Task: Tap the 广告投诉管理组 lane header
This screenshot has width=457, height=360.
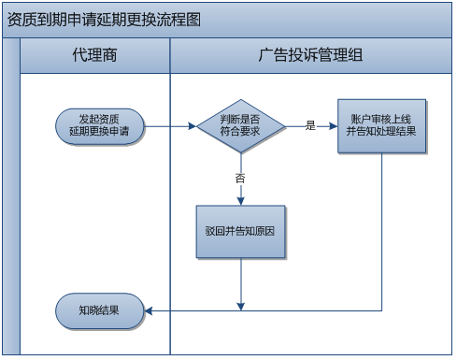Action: (x=310, y=56)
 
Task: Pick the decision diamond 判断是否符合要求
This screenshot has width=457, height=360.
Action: (x=241, y=126)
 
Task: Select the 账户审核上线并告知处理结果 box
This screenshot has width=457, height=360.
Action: (x=381, y=125)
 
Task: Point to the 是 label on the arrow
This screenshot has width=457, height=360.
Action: (x=310, y=125)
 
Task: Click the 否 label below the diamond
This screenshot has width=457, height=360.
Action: (x=241, y=178)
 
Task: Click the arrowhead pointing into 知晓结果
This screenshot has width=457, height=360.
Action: (x=148, y=310)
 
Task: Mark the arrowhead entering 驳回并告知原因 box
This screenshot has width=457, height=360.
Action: (x=241, y=199)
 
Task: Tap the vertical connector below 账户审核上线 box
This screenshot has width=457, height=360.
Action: (x=381, y=234)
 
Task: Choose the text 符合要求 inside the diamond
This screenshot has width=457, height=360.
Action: (x=241, y=133)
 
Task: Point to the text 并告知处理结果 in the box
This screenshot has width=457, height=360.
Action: (x=381, y=132)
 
